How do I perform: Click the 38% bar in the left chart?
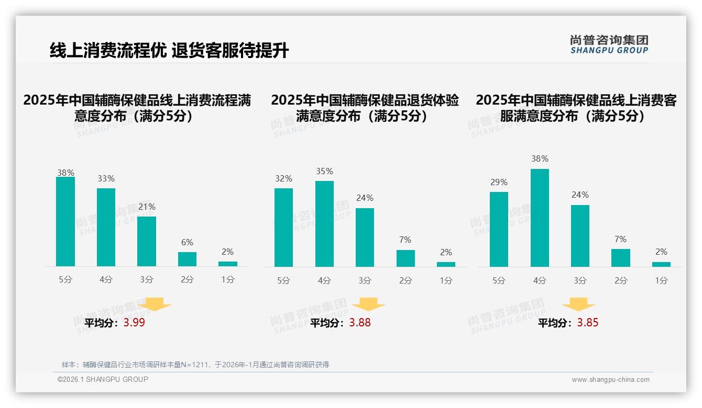click(x=65, y=222)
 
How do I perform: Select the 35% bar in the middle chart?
click(x=324, y=224)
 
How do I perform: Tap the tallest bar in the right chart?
click(x=540, y=218)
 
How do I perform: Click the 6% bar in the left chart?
click(x=187, y=259)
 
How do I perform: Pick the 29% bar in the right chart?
click(x=499, y=229)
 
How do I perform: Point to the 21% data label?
click(x=147, y=207)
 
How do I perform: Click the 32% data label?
click(x=283, y=179)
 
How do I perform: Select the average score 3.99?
click(x=134, y=323)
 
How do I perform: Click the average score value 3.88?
click(x=360, y=323)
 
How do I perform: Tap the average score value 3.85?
click(x=588, y=323)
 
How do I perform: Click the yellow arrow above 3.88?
click(x=368, y=304)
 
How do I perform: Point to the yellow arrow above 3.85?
click(x=578, y=304)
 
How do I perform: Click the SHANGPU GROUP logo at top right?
click(x=609, y=44)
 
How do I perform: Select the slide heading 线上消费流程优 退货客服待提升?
click(x=169, y=51)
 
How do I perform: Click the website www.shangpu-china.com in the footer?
click(x=610, y=380)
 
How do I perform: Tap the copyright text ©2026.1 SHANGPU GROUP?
click(x=103, y=379)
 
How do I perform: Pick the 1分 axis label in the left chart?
click(x=227, y=280)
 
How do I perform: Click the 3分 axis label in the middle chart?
click(x=365, y=281)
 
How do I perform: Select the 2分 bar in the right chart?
click(x=621, y=258)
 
